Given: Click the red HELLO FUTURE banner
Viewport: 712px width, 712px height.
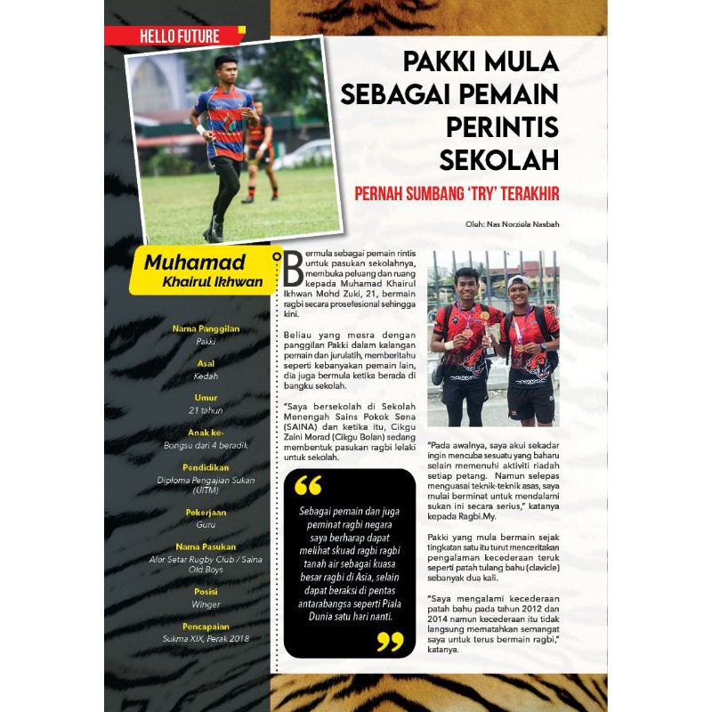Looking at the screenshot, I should point(178,36).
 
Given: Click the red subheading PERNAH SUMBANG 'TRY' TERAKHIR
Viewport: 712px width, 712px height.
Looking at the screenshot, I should point(456,193).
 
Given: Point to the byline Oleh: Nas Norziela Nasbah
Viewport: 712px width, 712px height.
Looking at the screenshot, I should point(512,223).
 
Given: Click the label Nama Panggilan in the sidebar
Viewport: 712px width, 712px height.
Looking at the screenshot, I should point(206,328).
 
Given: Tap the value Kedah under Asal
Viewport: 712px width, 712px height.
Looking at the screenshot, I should point(206,376).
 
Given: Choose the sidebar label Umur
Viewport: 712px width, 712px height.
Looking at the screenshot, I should point(206,398).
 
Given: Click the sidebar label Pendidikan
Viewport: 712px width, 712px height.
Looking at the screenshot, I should point(206,466).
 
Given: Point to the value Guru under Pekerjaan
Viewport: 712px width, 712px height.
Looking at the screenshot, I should point(206,524).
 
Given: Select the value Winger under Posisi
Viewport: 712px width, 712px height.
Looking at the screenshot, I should point(206,604).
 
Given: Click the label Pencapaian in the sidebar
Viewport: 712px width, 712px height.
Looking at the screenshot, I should point(206,627).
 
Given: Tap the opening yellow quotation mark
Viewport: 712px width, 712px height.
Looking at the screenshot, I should point(308,485).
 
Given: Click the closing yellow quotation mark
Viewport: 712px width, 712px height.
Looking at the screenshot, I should point(389,641).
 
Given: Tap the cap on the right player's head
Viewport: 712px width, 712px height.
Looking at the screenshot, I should point(517,282).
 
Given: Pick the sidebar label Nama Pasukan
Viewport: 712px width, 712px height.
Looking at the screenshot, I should point(206,546).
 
